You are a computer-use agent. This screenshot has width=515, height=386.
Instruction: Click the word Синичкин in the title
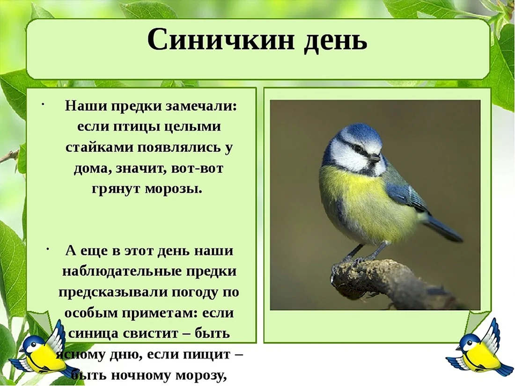pos(220,40)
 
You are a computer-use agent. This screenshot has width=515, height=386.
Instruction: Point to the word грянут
pos(115,189)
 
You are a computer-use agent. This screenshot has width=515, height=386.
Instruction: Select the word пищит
pos(207,355)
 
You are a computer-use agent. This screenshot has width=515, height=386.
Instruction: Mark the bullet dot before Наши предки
pos(43,105)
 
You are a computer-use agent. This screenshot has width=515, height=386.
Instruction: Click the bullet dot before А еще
pos(48,249)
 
